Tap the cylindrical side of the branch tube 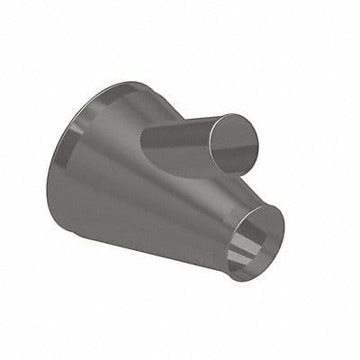180,144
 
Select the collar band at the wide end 72,153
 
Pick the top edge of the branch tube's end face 236,114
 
